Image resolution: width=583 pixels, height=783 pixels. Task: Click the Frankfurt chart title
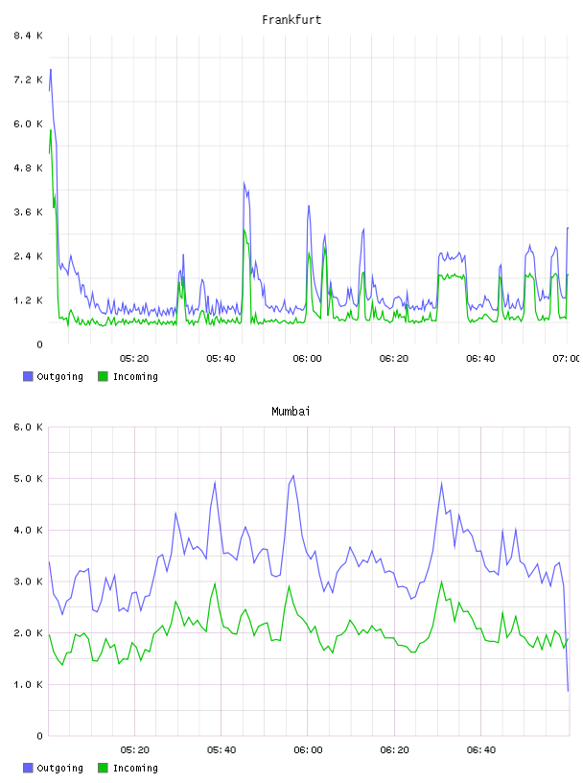[291, 20]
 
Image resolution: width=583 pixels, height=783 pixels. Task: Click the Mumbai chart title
[291, 412]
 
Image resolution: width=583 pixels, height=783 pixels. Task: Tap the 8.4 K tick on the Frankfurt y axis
[28, 36]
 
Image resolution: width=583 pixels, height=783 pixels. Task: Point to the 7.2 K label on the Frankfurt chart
[28, 80]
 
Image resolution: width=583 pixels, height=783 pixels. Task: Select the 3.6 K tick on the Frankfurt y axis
[28, 212]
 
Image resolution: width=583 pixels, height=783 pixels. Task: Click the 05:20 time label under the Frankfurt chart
[134, 359]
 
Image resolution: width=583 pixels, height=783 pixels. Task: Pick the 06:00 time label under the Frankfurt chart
[308, 359]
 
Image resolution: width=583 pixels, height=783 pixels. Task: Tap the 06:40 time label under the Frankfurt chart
[480, 359]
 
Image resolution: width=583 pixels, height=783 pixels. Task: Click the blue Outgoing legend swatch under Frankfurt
[28, 376]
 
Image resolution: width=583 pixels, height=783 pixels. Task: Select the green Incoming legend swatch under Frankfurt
[103, 376]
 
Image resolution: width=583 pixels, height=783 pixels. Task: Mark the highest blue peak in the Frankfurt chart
[51, 69]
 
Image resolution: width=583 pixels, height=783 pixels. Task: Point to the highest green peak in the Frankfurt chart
[51, 130]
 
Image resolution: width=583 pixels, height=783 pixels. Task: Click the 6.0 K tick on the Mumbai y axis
[28, 427]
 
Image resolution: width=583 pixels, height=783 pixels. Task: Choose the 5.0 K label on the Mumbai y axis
[28, 479]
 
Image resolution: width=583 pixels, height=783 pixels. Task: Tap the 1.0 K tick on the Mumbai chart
[28, 684]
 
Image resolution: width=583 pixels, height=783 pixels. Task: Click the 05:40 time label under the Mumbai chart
[222, 750]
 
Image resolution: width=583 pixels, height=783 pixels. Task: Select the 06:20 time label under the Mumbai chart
[394, 750]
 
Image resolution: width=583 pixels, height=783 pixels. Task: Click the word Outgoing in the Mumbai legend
[59, 768]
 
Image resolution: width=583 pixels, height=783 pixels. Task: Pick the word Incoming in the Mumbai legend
[135, 768]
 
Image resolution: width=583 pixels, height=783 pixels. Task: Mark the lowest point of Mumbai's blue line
[568, 691]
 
